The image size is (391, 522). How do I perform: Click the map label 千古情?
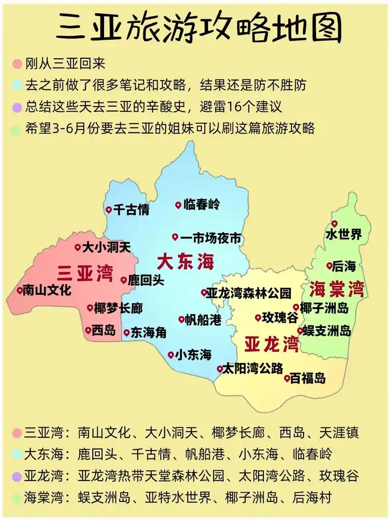tap(131, 210)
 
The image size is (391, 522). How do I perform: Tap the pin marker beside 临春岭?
tap(178, 205)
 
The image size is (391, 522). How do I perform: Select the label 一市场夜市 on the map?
tap(211, 238)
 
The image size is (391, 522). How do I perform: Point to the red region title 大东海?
tap(185, 262)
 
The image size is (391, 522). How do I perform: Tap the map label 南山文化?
tap(47, 290)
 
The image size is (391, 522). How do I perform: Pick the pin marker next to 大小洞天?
tap(77, 247)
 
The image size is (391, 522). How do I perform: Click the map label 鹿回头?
tap(146, 281)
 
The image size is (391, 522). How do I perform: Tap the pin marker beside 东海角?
tap(127, 333)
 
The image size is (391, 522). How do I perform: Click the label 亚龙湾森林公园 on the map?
tap(249, 293)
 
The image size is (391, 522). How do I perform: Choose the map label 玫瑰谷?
tap(280, 318)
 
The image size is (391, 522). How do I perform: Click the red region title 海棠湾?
tap(337, 289)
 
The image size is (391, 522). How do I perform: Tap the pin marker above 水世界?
tap(335, 224)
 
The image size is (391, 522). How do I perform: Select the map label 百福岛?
tap(308, 378)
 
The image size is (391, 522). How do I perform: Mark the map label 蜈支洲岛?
tap(327, 331)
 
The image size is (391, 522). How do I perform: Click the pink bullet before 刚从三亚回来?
tap(18, 64)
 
